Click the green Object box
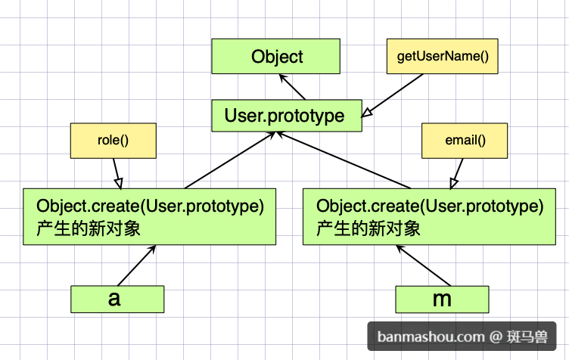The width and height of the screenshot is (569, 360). point(275,56)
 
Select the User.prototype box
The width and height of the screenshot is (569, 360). point(287,116)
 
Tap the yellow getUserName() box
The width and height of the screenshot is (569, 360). point(443,56)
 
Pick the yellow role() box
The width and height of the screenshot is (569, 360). point(113,141)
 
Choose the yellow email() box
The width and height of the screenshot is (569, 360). point(465,141)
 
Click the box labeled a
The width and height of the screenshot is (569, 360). point(117,299)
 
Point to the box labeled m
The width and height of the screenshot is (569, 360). point(442,299)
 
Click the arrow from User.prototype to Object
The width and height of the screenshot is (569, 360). point(292,87)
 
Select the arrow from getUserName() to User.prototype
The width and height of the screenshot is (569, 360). point(392,96)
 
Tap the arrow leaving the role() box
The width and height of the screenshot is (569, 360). point(117,174)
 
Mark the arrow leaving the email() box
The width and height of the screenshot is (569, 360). point(456,174)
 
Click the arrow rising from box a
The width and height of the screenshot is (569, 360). point(137,265)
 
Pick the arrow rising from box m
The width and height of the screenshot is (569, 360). point(423,265)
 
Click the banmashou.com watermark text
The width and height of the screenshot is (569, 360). point(431,337)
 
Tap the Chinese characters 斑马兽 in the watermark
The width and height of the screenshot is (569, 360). point(527,337)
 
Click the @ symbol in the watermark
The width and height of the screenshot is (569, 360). point(496,337)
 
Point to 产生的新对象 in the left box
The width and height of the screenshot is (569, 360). point(89,228)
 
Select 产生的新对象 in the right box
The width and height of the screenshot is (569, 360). point(368,228)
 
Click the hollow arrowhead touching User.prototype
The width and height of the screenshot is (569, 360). point(366,113)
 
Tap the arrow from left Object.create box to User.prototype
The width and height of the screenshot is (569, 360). point(230,160)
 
